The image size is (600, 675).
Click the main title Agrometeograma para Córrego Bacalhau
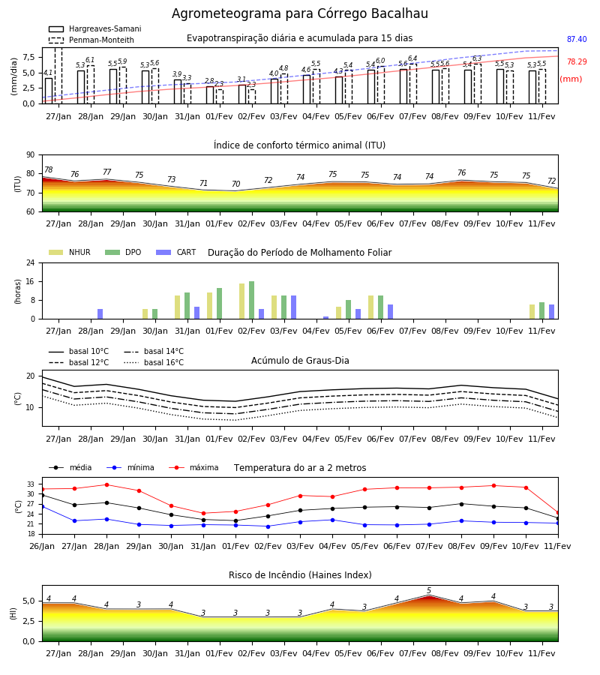coord(300,13)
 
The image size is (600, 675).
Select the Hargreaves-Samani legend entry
coord(94,28)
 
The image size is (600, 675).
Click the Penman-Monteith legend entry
coord(91,40)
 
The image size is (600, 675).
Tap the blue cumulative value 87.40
coord(577,39)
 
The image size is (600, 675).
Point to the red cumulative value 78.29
coord(577,61)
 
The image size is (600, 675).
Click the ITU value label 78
coord(49,169)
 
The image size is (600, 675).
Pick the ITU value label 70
coord(235,184)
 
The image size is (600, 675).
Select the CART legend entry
coord(175,252)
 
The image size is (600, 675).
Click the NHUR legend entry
coord(69,252)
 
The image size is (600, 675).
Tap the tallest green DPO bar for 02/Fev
coord(252,300)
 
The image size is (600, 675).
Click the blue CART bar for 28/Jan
coord(100,313)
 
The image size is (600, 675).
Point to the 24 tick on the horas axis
coord(31,262)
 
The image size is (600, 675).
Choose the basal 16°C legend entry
coord(154,362)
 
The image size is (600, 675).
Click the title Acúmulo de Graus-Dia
coord(300,361)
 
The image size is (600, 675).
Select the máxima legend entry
coord(193,467)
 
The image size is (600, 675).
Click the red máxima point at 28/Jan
coord(106,484)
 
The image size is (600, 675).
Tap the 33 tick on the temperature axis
coord(31,484)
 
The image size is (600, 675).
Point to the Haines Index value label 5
coord(429,591)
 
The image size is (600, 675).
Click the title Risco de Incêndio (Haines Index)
coord(300,575)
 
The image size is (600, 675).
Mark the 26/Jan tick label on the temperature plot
coord(42,546)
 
